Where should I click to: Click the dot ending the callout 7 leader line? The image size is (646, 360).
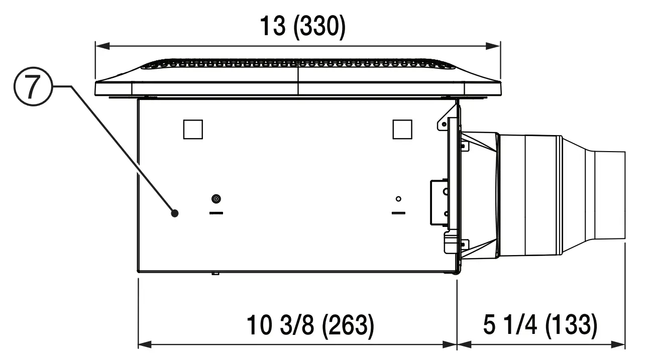[175, 213]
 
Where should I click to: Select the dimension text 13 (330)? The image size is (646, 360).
[302, 27]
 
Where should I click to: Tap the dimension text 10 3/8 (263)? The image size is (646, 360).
[310, 326]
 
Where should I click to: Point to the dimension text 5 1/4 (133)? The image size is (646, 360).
[541, 326]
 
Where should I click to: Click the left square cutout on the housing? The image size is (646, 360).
[193, 129]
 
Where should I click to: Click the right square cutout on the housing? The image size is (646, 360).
[402, 129]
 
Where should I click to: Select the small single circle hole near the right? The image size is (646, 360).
[398, 199]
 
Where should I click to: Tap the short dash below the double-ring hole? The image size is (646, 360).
[217, 212]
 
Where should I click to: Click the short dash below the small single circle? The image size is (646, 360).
[399, 212]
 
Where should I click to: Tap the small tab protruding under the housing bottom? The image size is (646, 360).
[215, 273]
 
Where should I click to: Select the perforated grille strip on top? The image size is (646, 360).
[299, 64]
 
